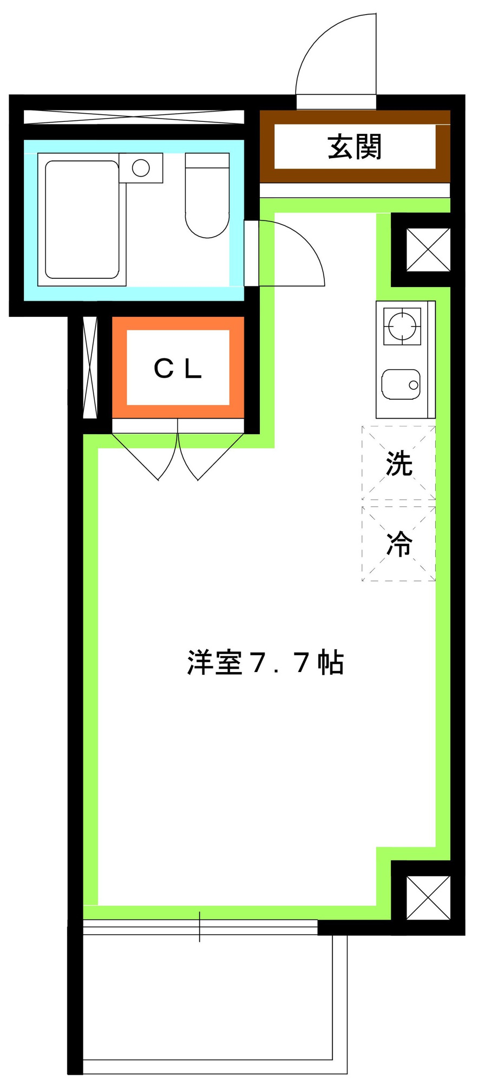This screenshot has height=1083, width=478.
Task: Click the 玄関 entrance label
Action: [355, 147]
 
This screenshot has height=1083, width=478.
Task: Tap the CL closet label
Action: [178, 368]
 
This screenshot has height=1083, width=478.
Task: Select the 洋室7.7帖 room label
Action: [265, 662]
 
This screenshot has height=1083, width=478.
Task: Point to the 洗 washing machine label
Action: [400, 464]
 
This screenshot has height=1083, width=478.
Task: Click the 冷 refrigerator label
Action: [400, 544]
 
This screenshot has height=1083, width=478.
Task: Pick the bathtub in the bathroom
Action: [82, 219]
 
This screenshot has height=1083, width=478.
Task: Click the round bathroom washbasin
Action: [141, 168]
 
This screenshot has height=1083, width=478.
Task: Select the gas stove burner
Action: [402, 327]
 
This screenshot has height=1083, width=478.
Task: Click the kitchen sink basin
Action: [401, 384]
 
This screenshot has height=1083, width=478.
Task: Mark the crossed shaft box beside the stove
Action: [428, 250]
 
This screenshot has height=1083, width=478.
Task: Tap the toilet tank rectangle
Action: [207, 161]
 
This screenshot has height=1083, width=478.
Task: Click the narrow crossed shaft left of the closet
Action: [90, 367]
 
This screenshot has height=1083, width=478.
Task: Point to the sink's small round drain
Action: [414, 386]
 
